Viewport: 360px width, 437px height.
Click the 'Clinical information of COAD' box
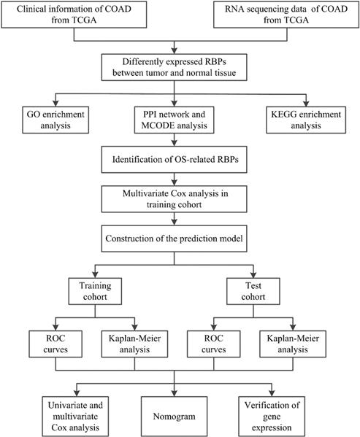tap(74, 15)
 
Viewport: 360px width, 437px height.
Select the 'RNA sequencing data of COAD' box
tap(286, 15)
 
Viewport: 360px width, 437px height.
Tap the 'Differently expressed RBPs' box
tap(174, 67)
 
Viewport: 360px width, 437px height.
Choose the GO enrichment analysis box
tap(55, 120)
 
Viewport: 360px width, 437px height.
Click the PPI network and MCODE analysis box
tap(174, 120)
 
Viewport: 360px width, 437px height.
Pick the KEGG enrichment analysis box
tap(306, 120)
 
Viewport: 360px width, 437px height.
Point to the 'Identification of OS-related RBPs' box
tap(174, 160)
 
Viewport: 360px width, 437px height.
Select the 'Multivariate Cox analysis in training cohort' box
tap(174, 199)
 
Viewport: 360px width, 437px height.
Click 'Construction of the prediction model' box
tap(174, 239)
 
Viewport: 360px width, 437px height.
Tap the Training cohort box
tap(95, 291)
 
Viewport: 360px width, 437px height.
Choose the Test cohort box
tap(253, 291)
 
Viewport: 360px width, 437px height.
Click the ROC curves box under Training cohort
tap(55, 344)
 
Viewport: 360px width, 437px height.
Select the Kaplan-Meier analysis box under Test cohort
tap(293, 344)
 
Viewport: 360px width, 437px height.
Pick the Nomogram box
tap(174, 417)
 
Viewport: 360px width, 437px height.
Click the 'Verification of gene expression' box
tap(272, 417)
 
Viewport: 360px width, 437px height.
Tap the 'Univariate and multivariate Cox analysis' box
tap(75, 417)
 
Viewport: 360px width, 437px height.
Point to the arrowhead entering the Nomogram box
tap(174, 393)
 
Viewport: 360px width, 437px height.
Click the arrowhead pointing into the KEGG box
tap(306, 104)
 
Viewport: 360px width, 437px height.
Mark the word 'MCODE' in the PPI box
tap(158, 125)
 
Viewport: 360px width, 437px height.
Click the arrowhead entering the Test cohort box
tap(253, 274)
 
